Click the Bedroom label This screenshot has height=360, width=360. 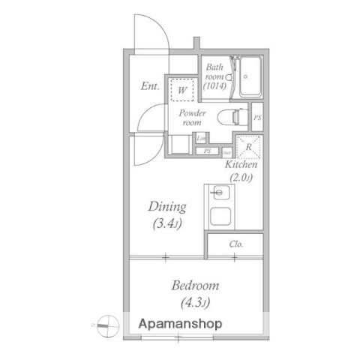[195, 285]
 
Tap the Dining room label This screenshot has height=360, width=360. [166, 206]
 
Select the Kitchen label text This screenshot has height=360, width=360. [241, 164]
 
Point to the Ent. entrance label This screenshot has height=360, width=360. [150, 86]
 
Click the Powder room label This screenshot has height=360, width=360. [191, 116]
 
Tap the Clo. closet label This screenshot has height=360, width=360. [235, 244]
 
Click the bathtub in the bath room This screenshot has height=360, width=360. [250, 76]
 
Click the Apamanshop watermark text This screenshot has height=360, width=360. [180, 325]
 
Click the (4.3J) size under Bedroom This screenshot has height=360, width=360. [195, 303]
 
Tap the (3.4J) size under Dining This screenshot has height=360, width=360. [166, 223]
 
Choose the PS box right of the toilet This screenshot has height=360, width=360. [257, 118]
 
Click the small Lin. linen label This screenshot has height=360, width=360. [200, 139]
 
